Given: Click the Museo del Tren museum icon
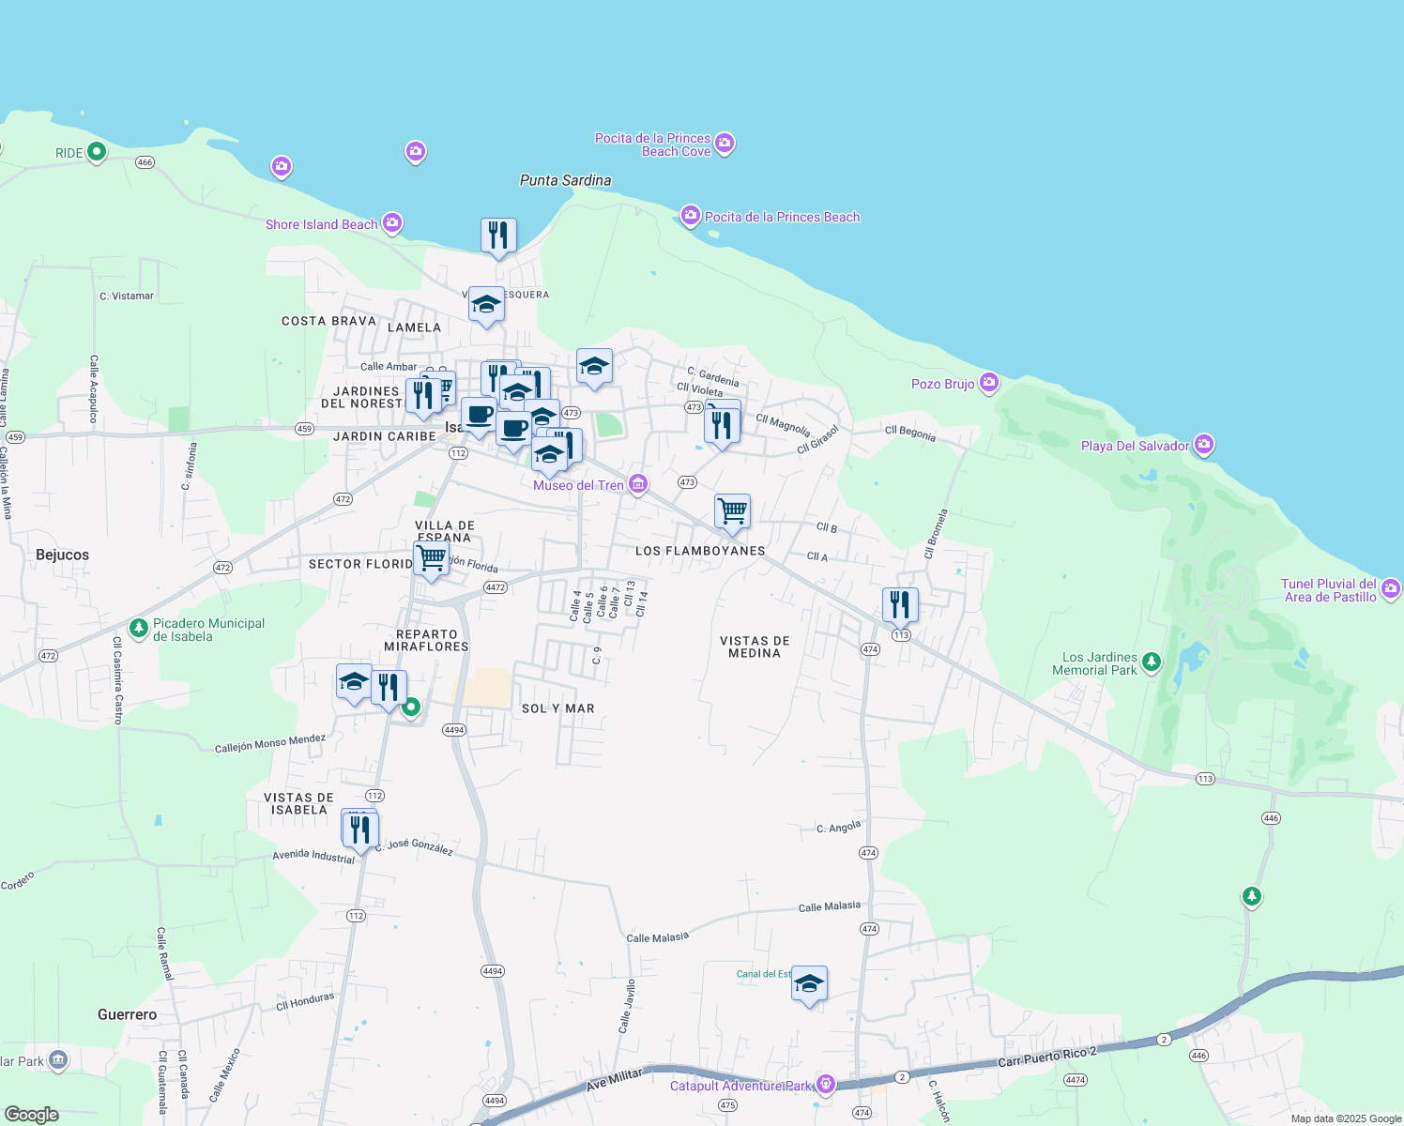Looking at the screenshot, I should click(x=638, y=484).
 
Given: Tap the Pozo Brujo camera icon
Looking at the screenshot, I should click(x=988, y=383).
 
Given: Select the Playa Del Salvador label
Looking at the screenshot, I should click(x=1135, y=446).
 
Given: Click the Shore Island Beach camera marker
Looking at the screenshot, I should click(x=392, y=223).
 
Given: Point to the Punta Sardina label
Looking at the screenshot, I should click(x=565, y=180).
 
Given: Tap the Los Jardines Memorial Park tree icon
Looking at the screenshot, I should click(x=1152, y=662).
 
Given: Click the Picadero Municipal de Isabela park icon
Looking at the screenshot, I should click(x=139, y=627).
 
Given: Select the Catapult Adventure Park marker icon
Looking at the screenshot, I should click(x=825, y=1085).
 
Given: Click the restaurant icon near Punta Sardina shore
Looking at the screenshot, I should click(x=498, y=236).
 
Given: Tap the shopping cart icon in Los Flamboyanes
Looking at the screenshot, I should click(x=732, y=511).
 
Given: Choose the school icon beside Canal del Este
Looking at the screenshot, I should click(x=809, y=983).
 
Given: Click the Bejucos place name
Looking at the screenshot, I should click(x=62, y=555).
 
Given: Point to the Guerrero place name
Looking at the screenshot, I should click(x=128, y=1014).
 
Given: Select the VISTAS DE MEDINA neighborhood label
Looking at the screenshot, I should click(x=755, y=647).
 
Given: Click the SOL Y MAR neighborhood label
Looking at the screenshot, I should click(x=558, y=708).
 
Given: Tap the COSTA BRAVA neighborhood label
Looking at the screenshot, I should click(x=328, y=321).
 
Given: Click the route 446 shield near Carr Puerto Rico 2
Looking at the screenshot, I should click(x=1198, y=1056).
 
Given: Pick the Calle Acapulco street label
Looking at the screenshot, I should click(x=94, y=388).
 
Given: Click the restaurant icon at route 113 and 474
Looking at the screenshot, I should click(x=900, y=605).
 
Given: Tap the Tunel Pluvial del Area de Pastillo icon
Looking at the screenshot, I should click(x=1391, y=589).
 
